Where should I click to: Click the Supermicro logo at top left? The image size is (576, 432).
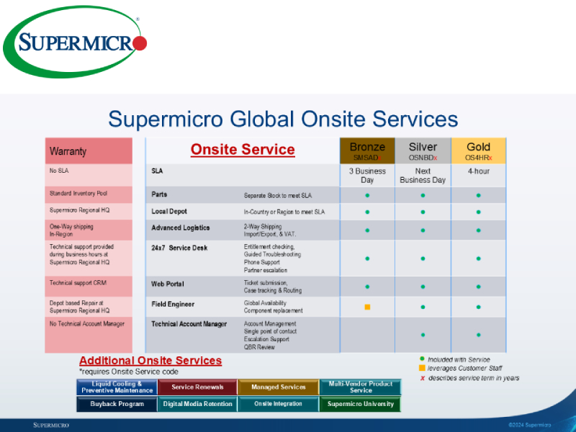click(76, 44)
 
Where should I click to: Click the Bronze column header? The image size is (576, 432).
click(367, 150)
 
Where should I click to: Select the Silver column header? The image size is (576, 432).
click(423, 150)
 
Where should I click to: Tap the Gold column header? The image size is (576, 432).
click(479, 150)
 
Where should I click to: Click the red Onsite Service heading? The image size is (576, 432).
click(243, 150)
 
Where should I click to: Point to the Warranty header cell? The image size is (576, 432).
click(89, 151)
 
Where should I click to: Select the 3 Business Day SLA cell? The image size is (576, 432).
click(367, 176)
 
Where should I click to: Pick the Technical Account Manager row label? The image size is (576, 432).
click(189, 324)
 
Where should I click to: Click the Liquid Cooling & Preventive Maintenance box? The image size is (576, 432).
click(117, 387)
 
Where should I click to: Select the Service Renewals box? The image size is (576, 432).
click(197, 387)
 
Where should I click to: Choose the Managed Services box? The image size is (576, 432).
click(278, 387)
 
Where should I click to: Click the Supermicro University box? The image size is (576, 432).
click(360, 404)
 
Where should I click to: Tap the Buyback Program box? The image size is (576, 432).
click(117, 404)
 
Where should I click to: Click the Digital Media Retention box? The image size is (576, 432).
click(197, 404)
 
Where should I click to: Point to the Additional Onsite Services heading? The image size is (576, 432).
click(150, 361)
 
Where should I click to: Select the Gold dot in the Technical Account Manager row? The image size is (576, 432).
click(479, 333)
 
